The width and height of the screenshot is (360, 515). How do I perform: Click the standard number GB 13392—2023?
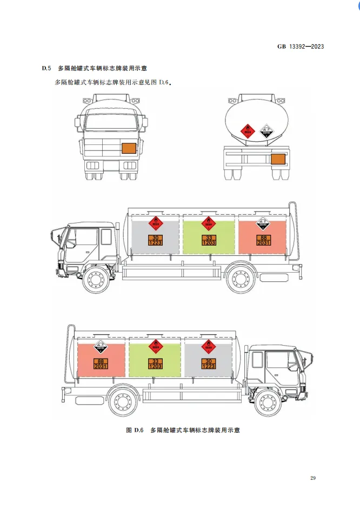point(301,47)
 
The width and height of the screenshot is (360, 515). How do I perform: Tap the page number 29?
point(314,478)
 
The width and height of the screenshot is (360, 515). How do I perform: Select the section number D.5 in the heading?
point(46,69)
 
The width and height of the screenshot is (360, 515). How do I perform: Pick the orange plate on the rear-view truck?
point(278,159)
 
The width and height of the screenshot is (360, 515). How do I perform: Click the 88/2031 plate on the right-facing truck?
point(101,364)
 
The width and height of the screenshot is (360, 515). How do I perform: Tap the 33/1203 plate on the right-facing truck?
point(155,364)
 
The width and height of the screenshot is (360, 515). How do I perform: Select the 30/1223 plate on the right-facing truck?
point(208,364)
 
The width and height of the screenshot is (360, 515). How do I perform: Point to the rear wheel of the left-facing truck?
point(241,279)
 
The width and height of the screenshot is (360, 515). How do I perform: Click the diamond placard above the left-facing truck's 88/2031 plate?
point(263,223)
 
